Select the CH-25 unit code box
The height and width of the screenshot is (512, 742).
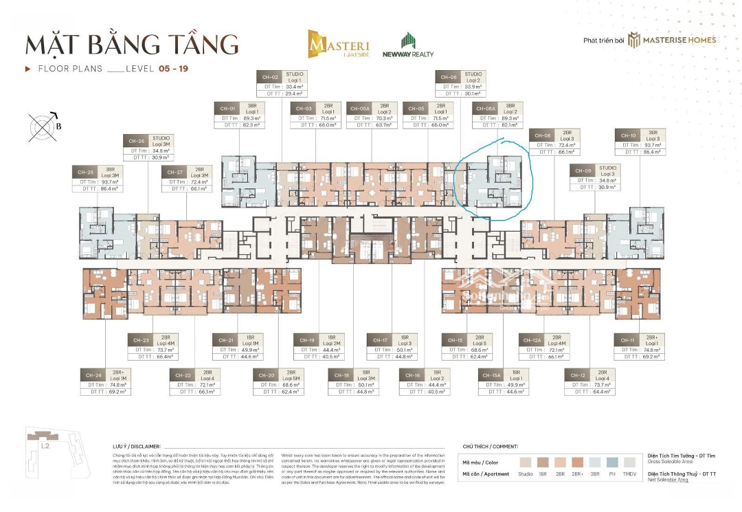(85, 172)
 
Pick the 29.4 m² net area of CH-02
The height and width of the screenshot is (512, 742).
(294, 93)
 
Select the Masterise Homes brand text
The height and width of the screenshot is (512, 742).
(679, 40)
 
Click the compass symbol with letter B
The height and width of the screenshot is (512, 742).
(43, 126)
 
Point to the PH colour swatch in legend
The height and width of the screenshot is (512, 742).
(611, 462)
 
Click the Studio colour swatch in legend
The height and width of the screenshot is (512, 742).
(526, 462)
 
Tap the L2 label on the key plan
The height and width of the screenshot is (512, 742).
(45, 446)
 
